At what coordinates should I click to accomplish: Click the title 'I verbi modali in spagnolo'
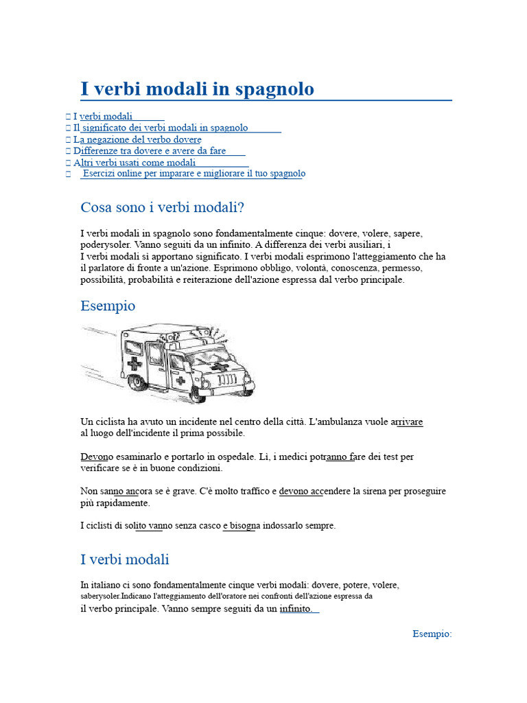(x=197, y=89)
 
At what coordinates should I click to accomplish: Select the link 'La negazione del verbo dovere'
(x=141, y=139)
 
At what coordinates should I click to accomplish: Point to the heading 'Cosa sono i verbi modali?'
(x=162, y=207)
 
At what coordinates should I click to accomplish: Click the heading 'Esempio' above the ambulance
(x=108, y=306)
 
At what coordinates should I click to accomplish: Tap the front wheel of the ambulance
(x=198, y=393)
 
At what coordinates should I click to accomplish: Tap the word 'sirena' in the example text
(x=363, y=492)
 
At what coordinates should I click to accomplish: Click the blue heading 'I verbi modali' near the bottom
(x=124, y=560)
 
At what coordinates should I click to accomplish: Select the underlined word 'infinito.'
(x=296, y=609)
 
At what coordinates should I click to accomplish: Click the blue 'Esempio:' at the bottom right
(x=432, y=634)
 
